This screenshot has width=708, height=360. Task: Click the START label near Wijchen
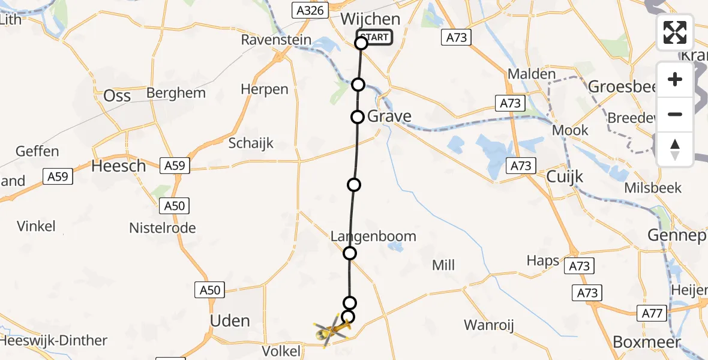tap(376, 37)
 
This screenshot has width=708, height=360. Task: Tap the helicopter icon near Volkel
tap(331, 330)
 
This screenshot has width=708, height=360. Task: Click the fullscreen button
tap(675, 32)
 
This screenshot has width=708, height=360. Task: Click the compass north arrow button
tap(675, 149)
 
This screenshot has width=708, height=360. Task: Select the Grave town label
tap(389, 116)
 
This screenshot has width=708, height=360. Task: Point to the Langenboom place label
tap(373, 236)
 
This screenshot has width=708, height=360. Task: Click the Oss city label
tap(117, 96)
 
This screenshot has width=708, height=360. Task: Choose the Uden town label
tap(230, 320)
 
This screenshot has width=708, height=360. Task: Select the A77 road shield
tap(651, 313)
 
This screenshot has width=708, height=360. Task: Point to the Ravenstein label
tap(276, 40)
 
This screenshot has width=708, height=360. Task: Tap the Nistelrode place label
tap(163, 228)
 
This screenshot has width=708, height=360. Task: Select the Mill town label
tap(443, 265)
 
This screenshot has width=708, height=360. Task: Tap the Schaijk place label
tap(251, 143)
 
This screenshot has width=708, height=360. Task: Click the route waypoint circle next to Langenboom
tap(350, 253)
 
